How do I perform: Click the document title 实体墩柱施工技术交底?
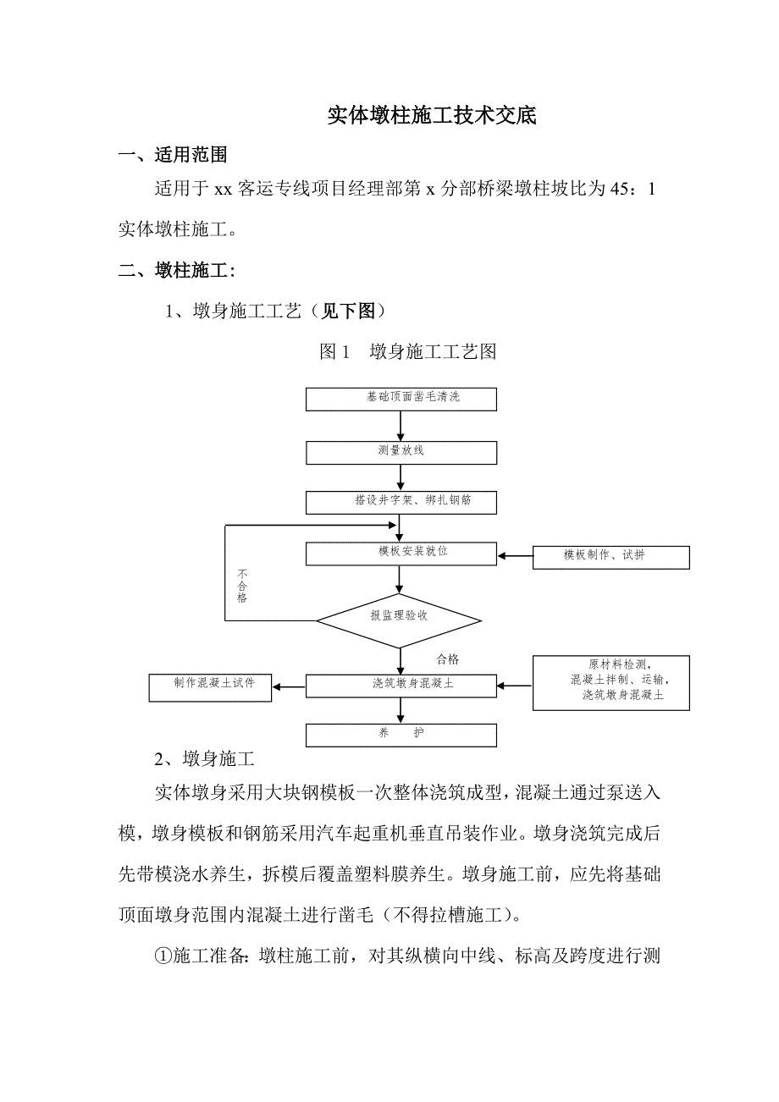click(432, 117)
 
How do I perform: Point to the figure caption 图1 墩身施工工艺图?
click(407, 352)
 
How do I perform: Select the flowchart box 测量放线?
click(401, 452)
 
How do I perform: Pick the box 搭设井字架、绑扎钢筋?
click(401, 502)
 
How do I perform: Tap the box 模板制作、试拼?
click(610, 557)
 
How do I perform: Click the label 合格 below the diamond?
click(448, 659)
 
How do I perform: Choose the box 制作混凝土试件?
click(211, 686)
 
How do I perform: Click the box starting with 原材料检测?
click(610, 682)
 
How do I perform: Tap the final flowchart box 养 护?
click(401, 735)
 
